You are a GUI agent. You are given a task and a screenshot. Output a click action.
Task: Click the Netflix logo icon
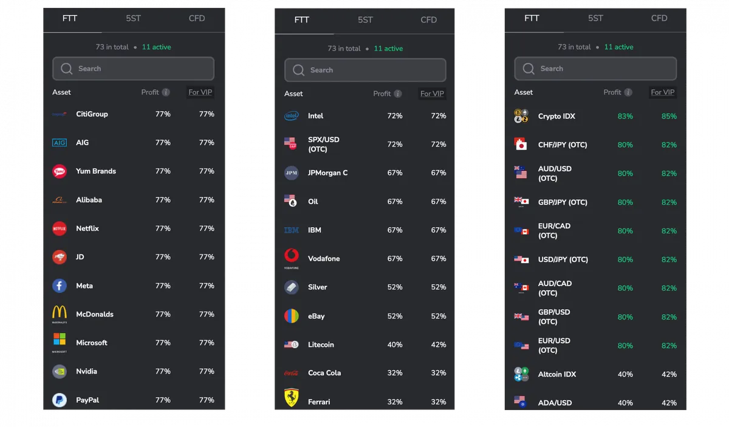point(60,228)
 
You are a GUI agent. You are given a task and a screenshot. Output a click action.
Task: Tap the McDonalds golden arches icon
point(60,312)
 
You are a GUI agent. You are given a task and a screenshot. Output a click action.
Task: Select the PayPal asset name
point(87,400)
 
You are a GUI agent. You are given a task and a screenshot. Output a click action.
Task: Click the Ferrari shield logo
point(291,398)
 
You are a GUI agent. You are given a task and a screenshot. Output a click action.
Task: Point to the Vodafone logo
point(291,256)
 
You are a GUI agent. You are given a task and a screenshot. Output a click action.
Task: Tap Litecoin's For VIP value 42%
point(439,344)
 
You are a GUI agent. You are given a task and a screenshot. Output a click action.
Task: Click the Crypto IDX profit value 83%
point(625,116)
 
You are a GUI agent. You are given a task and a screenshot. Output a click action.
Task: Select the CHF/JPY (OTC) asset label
point(563,145)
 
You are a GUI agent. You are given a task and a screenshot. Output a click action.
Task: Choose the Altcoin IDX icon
point(521,374)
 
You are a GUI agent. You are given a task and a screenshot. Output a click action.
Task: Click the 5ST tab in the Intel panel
point(365,20)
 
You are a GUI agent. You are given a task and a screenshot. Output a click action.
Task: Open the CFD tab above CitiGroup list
point(197,18)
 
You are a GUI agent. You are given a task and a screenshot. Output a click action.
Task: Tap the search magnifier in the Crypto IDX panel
point(528,69)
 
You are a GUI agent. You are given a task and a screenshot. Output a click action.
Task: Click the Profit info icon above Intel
point(398,94)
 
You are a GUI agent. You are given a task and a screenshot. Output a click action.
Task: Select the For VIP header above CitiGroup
point(200,92)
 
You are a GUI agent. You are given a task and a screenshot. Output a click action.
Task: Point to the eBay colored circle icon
point(291,316)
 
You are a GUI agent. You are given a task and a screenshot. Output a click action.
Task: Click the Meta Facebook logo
point(60,285)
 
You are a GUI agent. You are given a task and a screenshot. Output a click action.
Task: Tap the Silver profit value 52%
point(395,287)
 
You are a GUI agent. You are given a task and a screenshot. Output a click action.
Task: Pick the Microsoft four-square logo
point(60,339)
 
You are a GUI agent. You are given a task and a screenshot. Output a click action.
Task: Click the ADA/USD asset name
point(555,403)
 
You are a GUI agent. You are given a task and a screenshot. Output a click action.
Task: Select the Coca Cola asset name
point(324,373)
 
